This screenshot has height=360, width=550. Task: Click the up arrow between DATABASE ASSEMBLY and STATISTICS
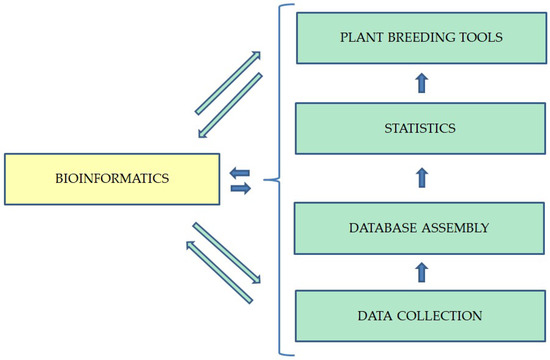pyautogui.click(x=421, y=179)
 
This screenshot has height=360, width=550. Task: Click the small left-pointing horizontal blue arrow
pyautogui.click(x=240, y=173)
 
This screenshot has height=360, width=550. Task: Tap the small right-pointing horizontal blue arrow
pyautogui.click(x=241, y=188)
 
